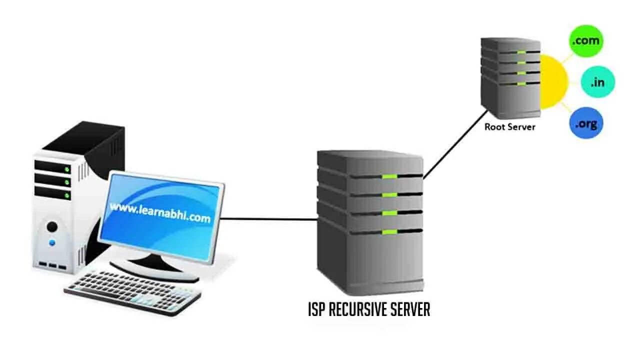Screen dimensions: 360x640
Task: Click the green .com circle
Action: click(x=586, y=41)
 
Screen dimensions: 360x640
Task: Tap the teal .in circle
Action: click(x=597, y=82)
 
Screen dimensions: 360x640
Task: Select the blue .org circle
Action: click(x=586, y=123)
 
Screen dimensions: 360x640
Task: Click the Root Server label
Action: click(x=509, y=127)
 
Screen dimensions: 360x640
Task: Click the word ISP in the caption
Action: click(x=316, y=310)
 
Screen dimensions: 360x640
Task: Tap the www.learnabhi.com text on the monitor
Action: click(x=160, y=213)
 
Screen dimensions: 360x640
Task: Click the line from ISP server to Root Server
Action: click(x=455, y=144)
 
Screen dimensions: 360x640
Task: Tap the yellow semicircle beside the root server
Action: click(x=554, y=82)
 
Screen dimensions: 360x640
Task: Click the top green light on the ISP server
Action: click(x=389, y=176)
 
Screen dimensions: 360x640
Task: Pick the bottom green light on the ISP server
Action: click(x=389, y=232)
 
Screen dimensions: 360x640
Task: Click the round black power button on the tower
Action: click(x=52, y=227)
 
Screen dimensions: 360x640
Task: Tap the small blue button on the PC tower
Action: click(x=52, y=243)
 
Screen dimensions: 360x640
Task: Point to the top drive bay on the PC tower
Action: click(x=52, y=167)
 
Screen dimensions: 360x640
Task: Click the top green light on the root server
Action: click(x=521, y=52)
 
